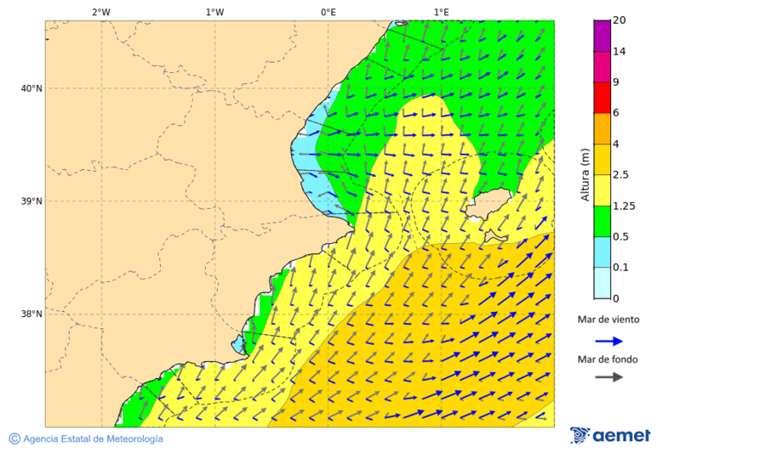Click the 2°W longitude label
tap(100, 12)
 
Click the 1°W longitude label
tap(214, 12)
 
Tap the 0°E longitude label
tap(328, 12)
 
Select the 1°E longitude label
tap(441, 12)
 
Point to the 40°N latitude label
tap(31, 88)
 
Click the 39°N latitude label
tap(31, 201)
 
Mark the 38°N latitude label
tap(31, 314)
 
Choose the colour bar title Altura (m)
tap(585, 174)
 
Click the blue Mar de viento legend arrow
tap(609, 341)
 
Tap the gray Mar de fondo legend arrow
tap(609, 377)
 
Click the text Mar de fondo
tap(608, 359)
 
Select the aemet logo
tap(610, 435)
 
